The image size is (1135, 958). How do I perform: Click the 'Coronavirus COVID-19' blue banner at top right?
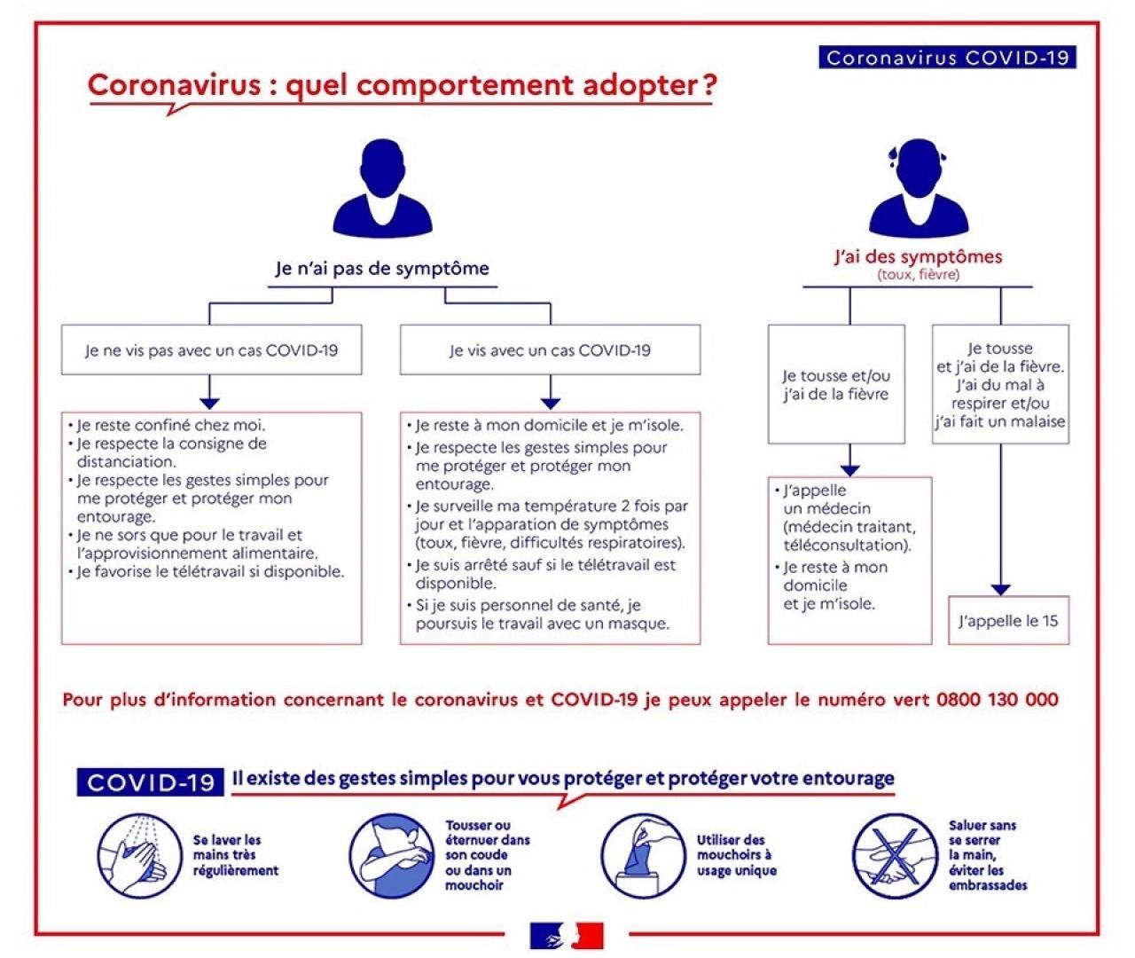pos(947,58)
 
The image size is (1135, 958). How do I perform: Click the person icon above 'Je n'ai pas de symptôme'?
pos(382,187)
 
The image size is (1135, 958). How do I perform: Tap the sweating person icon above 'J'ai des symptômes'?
pos(919,187)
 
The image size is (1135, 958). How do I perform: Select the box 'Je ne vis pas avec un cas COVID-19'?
pos(211,350)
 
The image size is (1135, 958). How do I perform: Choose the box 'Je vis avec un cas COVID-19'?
pos(550,350)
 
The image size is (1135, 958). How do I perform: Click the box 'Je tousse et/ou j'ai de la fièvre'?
pos(835,384)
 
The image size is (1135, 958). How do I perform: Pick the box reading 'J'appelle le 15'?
pos(1008,620)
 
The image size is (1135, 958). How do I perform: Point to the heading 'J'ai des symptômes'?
pos(918,257)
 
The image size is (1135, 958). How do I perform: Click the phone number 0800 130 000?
pos(997,699)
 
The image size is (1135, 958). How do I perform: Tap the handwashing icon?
pos(132,854)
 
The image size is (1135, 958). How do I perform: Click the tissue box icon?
pos(637,854)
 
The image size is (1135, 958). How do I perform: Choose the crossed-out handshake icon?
pos(888,854)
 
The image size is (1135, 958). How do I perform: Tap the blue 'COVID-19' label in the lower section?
pos(151,781)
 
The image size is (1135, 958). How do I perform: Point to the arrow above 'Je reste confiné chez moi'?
pos(209,391)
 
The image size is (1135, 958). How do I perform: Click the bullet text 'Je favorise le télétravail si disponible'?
pos(210,571)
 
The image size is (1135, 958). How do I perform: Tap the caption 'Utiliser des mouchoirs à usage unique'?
pos(736,855)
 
